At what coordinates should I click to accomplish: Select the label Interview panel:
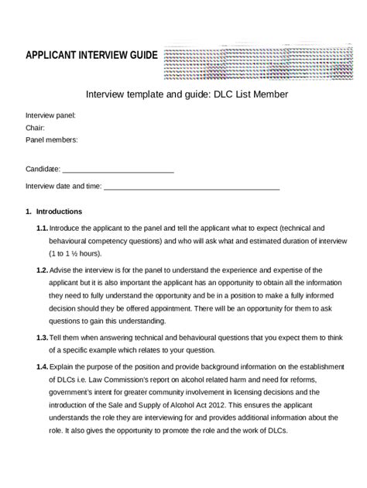tap(50, 115)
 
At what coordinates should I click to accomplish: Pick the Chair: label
tap(35, 127)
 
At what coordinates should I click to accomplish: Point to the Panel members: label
tap(52, 139)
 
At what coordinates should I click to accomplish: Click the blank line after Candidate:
tap(118, 169)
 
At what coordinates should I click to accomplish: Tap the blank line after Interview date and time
tap(191, 186)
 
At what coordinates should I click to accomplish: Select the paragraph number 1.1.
tap(42, 229)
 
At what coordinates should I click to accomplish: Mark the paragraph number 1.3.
tap(42, 339)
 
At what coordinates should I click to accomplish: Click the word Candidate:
tap(43, 169)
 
